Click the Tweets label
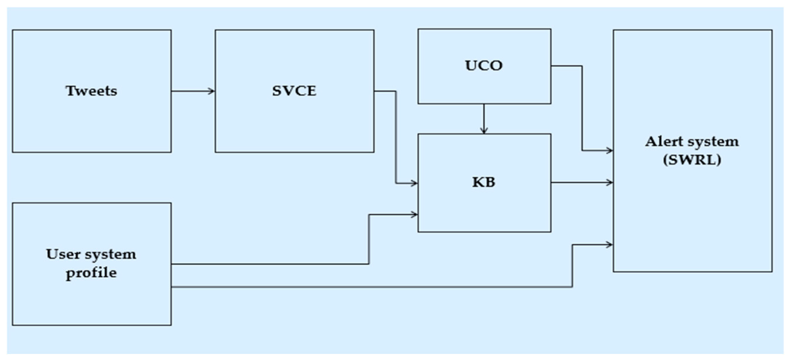pos(91,91)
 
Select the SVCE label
pos(294,91)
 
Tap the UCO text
pos(484,66)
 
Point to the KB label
pos(484,182)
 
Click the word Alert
pos(664,142)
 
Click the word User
pos(64,254)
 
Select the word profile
pos(91,273)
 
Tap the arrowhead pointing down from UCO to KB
pos(484,131)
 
